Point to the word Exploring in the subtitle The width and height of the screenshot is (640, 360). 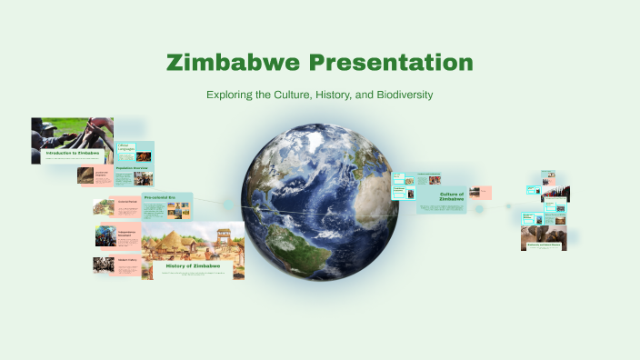coord(232,95)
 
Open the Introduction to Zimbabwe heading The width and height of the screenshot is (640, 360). coord(73,153)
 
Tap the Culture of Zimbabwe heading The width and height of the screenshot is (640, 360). coord(452,196)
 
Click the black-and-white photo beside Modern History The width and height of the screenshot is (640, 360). coord(104,265)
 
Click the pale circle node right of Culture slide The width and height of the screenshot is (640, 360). coord(509,205)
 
